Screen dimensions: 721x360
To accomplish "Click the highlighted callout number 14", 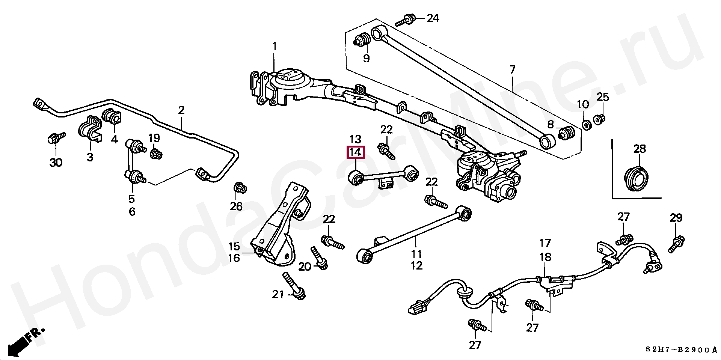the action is (x=355, y=152).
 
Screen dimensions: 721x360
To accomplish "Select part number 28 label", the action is (x=640, y=149).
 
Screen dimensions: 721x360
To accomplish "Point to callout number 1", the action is (x=274, y=47).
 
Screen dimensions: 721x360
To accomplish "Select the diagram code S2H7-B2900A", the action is (x=681, y=350).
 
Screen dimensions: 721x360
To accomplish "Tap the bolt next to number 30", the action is (x=56, y=138).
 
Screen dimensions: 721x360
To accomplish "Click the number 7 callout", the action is (x=513, y=70).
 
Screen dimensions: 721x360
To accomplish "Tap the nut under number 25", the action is (x=599, y=120).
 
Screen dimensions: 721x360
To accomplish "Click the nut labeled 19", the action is (x=156, y=153).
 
